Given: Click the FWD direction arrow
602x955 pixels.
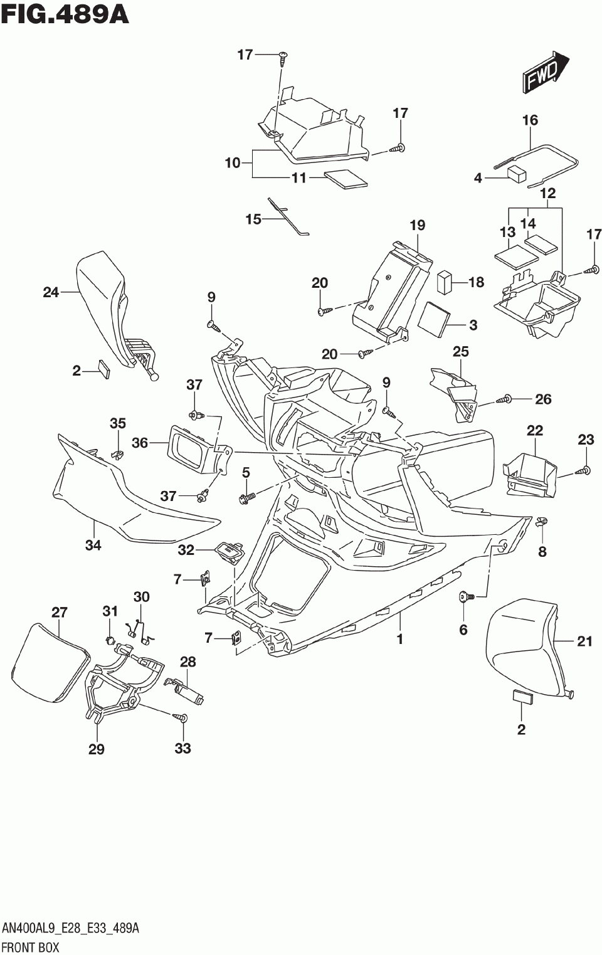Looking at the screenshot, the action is tap(545, 73).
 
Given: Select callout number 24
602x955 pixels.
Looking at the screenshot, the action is tap(51, 292).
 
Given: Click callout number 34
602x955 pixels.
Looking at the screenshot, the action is tap(93, 544).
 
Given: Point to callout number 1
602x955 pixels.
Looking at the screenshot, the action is tap(400, 639).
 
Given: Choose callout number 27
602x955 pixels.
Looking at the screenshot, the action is tap(60, 612).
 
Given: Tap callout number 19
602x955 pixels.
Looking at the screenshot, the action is tap(418, 225).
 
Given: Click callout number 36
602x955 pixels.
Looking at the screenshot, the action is tap(140, 443).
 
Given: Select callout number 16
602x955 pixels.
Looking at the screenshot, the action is tap(531, 120).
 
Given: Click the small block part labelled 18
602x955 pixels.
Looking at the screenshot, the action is tap(444, 282).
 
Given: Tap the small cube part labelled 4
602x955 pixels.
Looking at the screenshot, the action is tap(516, 174).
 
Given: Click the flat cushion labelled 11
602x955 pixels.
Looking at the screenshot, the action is tap(346, 179).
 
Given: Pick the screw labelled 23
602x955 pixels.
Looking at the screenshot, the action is tap(584, 470).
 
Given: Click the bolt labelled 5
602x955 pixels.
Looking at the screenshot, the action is tap(247, 496).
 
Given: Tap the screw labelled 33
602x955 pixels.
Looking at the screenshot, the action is tap(182, 717).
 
